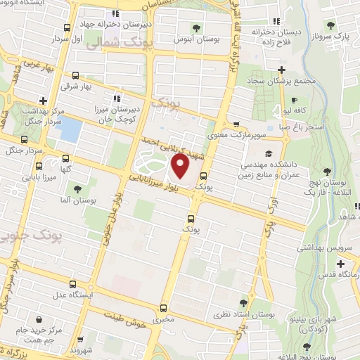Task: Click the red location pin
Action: [x=180, y=167]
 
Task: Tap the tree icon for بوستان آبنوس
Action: [x=196, y=28]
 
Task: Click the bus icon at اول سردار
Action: [x=67, y=28]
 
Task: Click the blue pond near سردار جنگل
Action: [x=71, y=129]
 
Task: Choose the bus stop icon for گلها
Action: [x=66, y=159]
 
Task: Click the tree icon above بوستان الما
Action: [x=77, y=188]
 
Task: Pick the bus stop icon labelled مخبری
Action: [x=163, y=308]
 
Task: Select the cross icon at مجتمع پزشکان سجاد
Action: [x=281, y=70]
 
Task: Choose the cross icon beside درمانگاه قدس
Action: [x=341, y=264]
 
